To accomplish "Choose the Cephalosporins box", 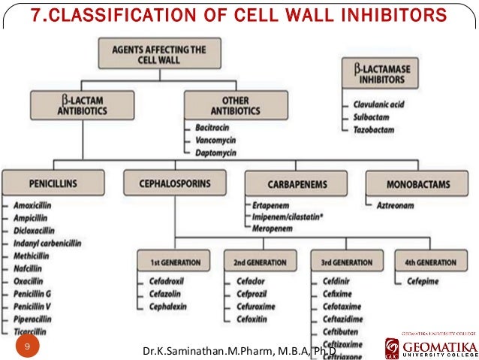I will [173, 183].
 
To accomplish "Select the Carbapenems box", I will [296, 183].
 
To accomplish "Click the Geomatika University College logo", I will [430, 346].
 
